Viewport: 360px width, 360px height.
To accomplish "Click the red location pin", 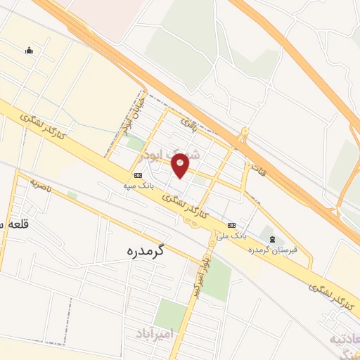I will coord(181,165).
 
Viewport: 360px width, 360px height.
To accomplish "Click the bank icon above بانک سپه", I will coord(138,175).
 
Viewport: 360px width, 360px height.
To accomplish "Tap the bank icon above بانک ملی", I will coord(232,225).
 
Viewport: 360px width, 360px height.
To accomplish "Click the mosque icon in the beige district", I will coord(29,50).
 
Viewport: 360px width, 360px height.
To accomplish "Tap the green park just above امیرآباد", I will coord(170,312).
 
